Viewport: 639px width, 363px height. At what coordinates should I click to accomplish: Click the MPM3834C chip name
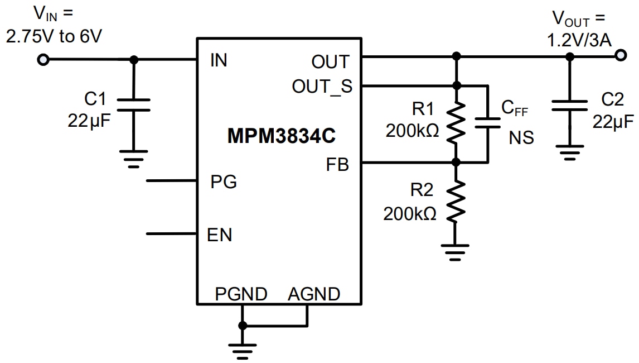(282, 136)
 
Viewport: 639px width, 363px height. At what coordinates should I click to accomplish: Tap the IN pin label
(219, 61)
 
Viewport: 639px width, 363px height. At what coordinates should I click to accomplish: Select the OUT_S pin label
(322, 87)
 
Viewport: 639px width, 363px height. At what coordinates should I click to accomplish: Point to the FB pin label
(337, 165)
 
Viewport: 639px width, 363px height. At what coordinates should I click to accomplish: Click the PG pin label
(223, 182)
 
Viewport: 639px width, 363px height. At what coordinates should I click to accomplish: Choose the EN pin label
(220, 235)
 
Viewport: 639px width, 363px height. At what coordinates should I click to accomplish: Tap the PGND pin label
(241, 294)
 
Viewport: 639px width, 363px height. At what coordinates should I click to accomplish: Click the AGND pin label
(314, 294)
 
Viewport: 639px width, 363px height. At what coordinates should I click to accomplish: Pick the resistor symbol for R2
(456, 202)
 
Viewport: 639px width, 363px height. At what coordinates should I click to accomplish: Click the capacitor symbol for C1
(133, 105)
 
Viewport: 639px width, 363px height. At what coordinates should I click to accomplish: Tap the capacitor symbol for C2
(569, 106)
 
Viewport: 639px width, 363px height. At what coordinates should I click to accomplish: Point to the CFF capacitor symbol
(488, 123)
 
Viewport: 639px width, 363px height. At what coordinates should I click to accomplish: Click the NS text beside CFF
(521, 137)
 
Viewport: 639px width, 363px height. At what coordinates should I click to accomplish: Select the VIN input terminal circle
(43, 59)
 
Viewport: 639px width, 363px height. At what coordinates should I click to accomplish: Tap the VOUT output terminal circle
(620, 55)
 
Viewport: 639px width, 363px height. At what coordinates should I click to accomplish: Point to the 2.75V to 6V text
(54, 36)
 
